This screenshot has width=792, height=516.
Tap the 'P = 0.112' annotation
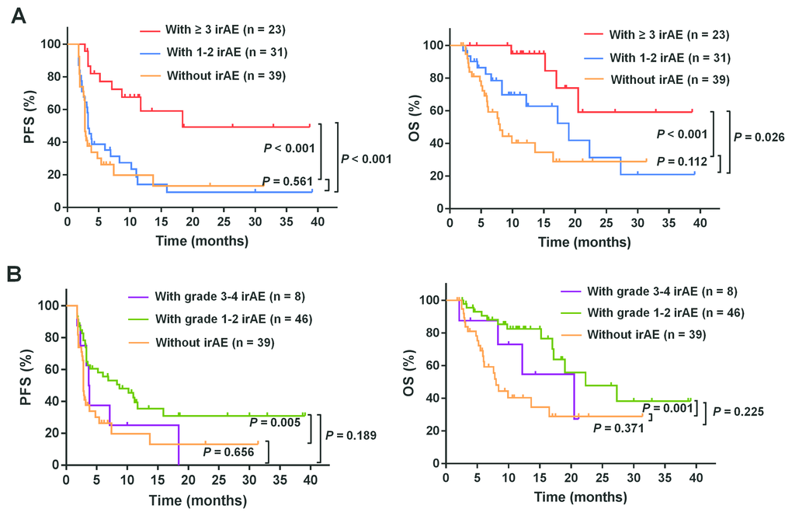pyautogui.click(x=683, y=162)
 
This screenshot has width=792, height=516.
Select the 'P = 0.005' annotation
pyautogui.click(x=276, y=423)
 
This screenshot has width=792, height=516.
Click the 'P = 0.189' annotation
pyautogui.click(x=351, y=436)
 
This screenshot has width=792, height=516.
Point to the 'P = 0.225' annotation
pyautogui.click(x=739, y=412)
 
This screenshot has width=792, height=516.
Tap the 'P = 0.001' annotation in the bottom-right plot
pyautogui.click(x=667, y=407)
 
